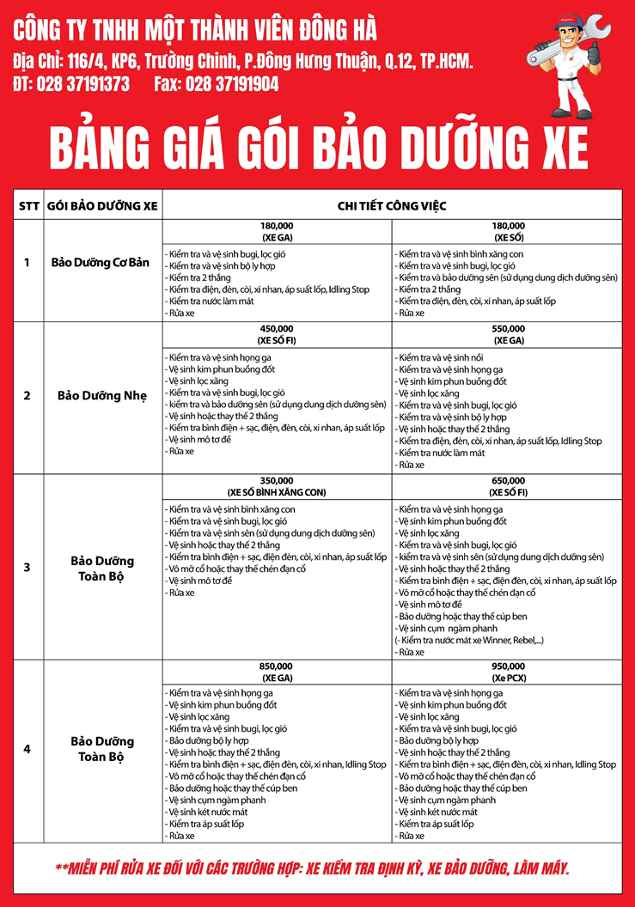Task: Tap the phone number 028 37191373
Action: tap(82, 84)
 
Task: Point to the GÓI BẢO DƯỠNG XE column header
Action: tap(102, 206)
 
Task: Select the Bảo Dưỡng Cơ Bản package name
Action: tap(101, 262)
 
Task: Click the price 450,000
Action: tap(276, 328)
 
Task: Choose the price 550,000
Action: tap(508, 328)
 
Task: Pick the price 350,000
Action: tap(276, 480)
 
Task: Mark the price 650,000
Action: tap(508, 480)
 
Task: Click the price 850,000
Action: tap(276, 666)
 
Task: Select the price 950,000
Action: tap(508, 666)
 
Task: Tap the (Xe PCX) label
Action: tap(508, 678)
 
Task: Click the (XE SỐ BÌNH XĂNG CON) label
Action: tap(276, 493)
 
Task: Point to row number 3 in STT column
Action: tap(27, 567)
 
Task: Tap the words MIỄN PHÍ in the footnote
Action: tap(104, 868)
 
